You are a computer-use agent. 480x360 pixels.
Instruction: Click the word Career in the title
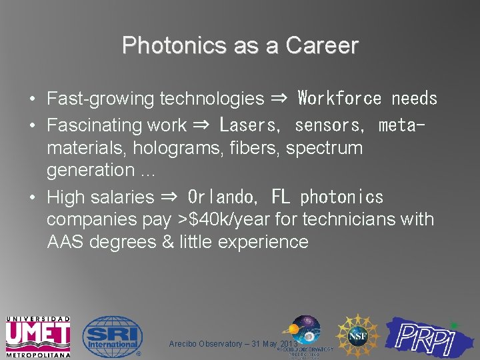[x=322, y=45]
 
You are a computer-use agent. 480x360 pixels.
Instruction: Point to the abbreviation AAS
[x=65, y=242]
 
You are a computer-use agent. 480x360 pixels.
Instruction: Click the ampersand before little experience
[x=168, y=242]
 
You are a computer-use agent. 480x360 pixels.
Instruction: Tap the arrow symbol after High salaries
[x=169, y=197]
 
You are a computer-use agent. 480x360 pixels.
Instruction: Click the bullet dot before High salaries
[x=32, y=197]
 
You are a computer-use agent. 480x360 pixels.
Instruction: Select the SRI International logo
[x=112, y=335]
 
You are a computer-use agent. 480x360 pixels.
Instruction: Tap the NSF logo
[x=357, y=335]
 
